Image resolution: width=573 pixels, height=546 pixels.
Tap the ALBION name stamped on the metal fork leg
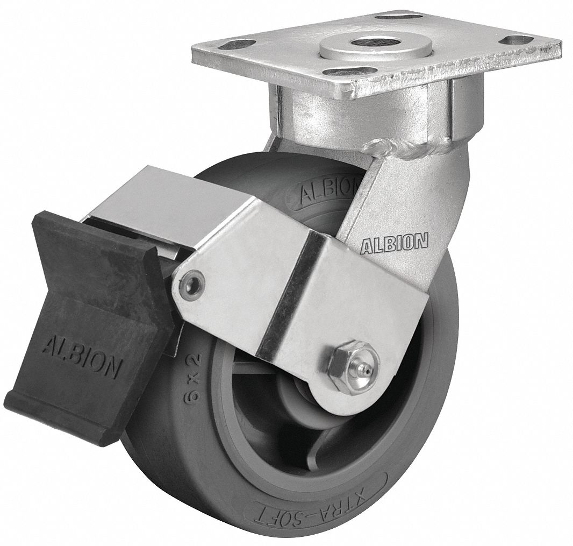[x=394, y=243]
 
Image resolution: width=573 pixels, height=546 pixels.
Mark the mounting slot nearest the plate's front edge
[x=351, y=72]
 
